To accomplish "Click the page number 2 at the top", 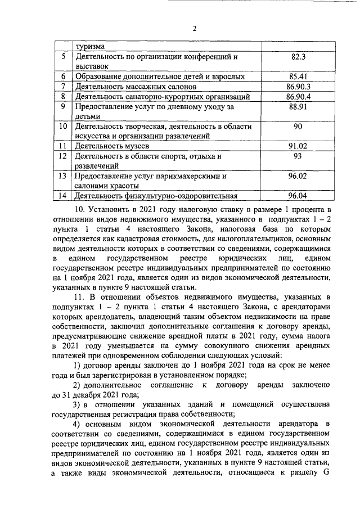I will click(x=193, y=29).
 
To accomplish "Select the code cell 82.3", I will click(x=298, y=57).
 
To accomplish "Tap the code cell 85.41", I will click(x=298, y=76).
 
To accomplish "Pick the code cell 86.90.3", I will click(x=298, y=87).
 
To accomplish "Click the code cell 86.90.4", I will click(x=298, y=97).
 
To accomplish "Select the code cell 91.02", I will click(x=298, y=146).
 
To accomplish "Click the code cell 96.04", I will click(x=298, y=196).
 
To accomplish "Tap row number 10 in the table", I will click(x=63, y=127).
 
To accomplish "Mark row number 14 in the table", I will click(x=63, y=196).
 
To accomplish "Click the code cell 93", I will click(x=298, y=156).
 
